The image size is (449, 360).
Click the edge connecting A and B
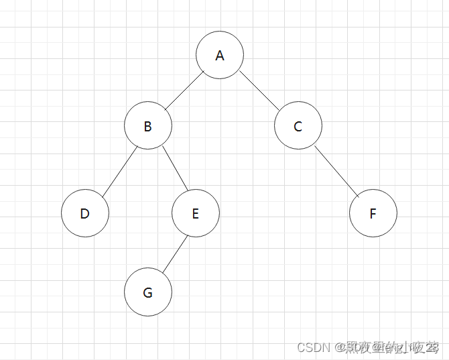(x=184, y=91)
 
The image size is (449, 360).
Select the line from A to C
(x=259, y=90)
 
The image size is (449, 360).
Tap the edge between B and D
(x=119, y=170)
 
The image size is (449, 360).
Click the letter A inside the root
(x=220, y=56)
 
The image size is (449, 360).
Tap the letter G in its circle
(x=148, y=293)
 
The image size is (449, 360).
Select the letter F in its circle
(x=373, y=214)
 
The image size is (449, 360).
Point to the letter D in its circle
(x=85, y=214)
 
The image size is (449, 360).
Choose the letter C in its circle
(x=298, y=126)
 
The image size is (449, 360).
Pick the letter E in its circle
(x=196, y=214)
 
